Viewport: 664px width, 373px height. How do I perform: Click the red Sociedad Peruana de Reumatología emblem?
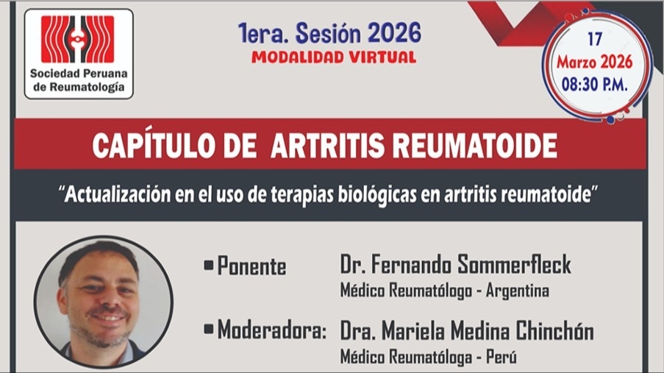coord(77,39)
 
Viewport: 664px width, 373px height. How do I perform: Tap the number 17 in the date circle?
coord(595,40)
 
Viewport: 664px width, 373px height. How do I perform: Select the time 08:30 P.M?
coord(595,85)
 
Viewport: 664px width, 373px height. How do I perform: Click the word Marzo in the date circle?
coord(576,63)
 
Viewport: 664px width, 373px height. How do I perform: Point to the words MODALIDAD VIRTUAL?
coord(334,57)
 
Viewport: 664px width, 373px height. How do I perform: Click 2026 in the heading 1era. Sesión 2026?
coord(394,32)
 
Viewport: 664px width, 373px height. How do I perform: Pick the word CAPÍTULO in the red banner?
coord(153,146)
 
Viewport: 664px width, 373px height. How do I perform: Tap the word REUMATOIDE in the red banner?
coord(474,146)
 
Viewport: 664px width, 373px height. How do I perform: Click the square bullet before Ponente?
coord(208,266)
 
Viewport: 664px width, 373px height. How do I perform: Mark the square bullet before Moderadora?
coord(208,330)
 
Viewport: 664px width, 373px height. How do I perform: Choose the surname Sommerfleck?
coord(514,265)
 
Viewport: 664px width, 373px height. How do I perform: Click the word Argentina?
coord(518,291)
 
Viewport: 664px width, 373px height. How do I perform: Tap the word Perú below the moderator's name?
coord(501,357)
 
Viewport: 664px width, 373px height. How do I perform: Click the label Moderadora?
coord(272,330)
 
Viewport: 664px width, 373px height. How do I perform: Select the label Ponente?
coord(251,266)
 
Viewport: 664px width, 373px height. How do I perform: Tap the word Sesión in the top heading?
coord(328,32)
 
